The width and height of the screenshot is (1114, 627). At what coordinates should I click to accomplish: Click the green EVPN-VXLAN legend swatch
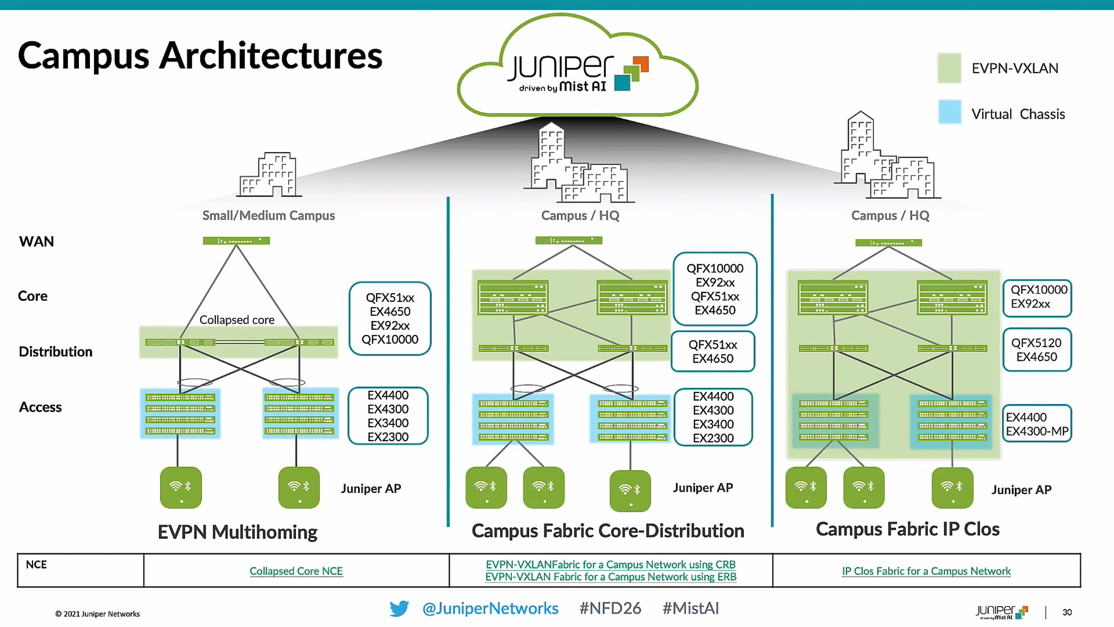point(949,68)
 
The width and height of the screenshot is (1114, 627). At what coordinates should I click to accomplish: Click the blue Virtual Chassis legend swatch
point(949,112)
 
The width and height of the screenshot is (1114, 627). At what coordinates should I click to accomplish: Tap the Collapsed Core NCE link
point(296,571)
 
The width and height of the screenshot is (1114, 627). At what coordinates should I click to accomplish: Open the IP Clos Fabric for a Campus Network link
point(926,571)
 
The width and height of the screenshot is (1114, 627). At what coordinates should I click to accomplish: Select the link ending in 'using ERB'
point(610,577)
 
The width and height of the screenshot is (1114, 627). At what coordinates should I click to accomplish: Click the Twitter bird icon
point(399,608)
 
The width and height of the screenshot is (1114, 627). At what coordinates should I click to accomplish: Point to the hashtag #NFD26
point(610,608)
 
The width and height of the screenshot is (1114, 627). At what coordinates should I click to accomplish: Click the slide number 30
point(1067,612)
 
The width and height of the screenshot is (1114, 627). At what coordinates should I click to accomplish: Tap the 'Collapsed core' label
point(237,320)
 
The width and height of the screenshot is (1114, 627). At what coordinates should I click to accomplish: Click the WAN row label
point(36,242)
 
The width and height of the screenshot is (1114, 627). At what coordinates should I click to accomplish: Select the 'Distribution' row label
point(55,352)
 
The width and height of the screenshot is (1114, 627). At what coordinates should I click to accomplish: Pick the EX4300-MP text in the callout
point(1037,431)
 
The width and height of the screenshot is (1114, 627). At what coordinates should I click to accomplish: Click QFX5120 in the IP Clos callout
point(1036,343)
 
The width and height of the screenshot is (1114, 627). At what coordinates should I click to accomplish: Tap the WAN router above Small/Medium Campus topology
point(236,241)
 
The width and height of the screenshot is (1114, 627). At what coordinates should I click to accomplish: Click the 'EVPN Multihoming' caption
point(237,532)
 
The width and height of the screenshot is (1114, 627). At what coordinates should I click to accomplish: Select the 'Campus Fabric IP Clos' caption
point(907,529)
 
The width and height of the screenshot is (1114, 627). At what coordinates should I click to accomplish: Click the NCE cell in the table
point(36,565)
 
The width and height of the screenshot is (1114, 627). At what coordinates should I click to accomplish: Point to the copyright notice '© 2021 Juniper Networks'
point(97,614)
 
